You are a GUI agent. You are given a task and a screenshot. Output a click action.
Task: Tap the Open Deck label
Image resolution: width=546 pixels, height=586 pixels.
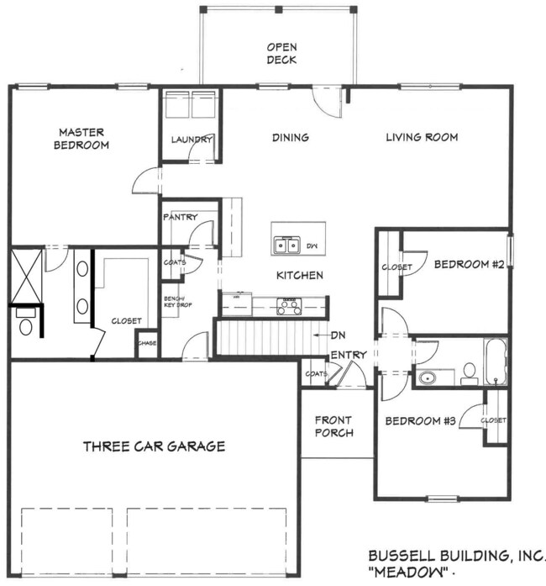coord(283,54)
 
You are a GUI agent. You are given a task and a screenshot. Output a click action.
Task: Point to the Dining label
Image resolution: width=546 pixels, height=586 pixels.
coord(291,137)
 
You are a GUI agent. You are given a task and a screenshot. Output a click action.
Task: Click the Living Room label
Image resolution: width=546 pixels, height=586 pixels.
coord(422,137)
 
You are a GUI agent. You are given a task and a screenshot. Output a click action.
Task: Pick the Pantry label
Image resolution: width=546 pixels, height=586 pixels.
coord(180,218)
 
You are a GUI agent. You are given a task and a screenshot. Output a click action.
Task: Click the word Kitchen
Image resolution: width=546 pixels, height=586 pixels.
coord(300,276)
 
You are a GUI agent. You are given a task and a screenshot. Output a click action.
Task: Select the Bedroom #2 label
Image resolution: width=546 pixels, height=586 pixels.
coord(469,265)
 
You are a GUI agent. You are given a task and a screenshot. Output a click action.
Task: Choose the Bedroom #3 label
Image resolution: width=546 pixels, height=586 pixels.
coord(420,420)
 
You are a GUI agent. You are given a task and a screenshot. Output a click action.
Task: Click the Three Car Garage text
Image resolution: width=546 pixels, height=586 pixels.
coord(154,446)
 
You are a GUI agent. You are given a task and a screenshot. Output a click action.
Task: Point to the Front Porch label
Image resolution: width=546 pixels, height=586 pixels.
coord(334,426)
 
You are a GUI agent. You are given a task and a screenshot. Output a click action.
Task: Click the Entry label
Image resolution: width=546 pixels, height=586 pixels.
coord(348,355)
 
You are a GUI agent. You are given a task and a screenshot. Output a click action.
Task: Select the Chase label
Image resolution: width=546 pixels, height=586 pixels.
coord(147,343)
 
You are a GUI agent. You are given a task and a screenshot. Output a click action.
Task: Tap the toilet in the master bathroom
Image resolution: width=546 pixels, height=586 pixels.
coord(25,325)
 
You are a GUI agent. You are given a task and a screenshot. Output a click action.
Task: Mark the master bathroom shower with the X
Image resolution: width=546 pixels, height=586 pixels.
coord(26,275)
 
